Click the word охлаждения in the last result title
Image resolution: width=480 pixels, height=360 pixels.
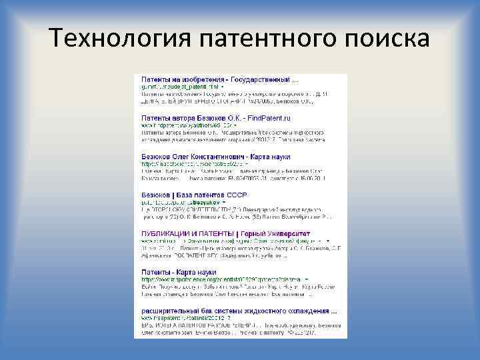pyautogui.click(x=306, y=311)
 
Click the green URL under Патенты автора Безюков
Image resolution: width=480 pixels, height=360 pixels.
pyautogui.click(x=187, y=125)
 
